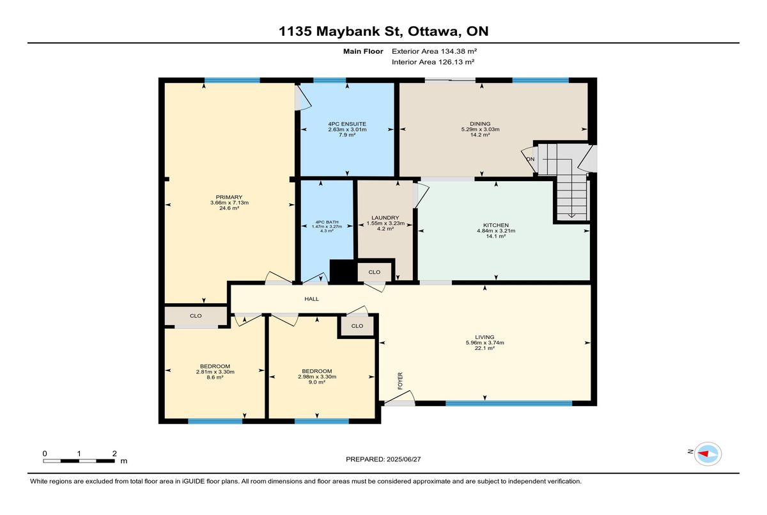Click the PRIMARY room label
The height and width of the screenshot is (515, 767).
click(229, 197)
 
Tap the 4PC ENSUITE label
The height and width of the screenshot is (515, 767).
click(347, 124)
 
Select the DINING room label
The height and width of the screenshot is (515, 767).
click(480, 123)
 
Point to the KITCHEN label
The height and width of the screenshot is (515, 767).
click(496, 225)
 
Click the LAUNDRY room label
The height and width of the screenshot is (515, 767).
click(385, 218)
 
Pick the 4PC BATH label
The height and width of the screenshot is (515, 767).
click(327, 222)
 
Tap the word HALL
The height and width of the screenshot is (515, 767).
click(312, 299)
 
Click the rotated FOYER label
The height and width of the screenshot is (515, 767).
click(400, 381)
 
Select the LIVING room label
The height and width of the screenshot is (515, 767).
click(484, 337)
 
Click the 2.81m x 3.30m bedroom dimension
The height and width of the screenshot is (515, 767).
click(215, 372)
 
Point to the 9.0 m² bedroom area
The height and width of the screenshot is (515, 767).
click(317, 382)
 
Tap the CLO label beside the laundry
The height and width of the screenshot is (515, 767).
click(375, 272)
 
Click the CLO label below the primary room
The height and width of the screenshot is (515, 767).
click(196, 316)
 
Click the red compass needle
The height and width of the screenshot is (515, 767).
click(703, 454)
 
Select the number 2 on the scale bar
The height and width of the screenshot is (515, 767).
click(114, 454)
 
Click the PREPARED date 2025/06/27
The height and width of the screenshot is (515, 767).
click(404, 459)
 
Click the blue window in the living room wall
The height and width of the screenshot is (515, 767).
click(509, 403)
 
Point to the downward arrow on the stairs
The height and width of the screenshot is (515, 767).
click(571, 216)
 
